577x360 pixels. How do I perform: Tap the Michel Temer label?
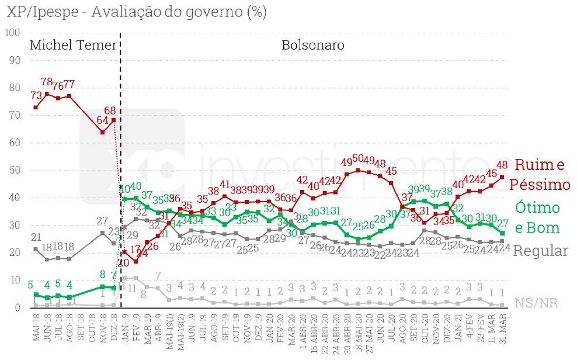point(72,45)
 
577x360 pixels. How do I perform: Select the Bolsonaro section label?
point(312,45)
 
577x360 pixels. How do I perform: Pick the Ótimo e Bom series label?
point(537,217)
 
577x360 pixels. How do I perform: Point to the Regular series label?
point(541,251)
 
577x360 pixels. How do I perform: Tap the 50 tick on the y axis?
point(13,170)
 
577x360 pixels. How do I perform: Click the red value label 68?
point(110,110)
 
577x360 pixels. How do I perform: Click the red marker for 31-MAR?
point(502,176)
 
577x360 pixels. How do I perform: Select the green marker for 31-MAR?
point(502,233)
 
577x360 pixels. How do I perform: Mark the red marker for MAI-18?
point(36,108)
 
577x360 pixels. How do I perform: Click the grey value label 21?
point(36,237)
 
